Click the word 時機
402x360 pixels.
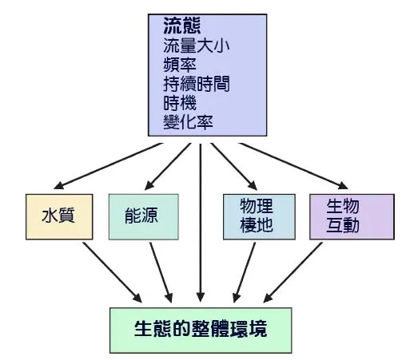click(x=177, y=105)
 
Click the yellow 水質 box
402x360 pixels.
click(x=58, y=216)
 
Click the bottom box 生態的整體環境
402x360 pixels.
click(x=201, y=329)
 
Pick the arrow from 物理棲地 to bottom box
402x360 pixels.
click(x=244, y=271)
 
